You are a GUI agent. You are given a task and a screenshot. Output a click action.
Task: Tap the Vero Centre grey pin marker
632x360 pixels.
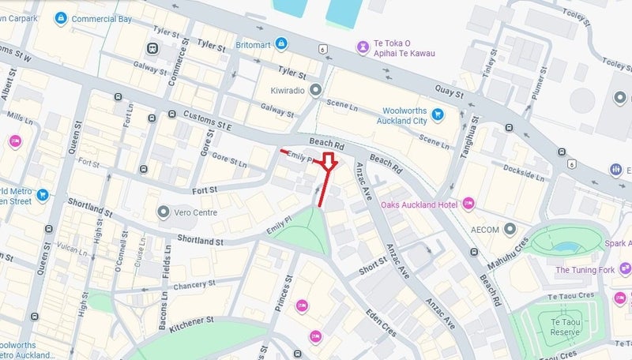coord(164,212)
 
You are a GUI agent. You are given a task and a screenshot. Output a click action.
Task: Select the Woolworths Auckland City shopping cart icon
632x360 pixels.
coord(437,115)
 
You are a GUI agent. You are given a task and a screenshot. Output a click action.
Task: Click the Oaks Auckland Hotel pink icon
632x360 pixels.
coord(468,204)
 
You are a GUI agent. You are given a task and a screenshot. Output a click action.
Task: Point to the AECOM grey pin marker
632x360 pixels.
coord(510,229)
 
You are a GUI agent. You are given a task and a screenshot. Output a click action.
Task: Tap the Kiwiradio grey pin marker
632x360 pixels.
coord(315,91)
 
